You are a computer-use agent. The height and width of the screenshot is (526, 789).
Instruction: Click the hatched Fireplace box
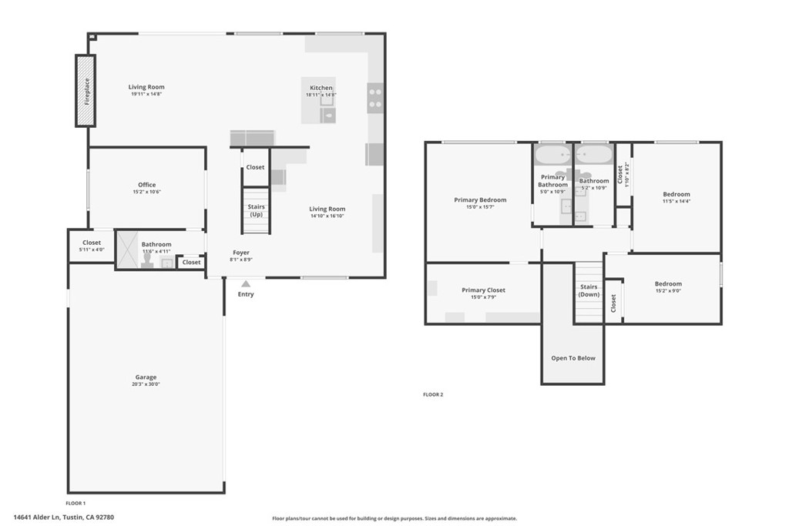(x=86, y=91)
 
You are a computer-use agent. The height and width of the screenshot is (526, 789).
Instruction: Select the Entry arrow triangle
(x=246, y=284)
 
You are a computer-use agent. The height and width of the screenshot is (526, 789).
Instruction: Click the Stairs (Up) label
(x=257, y=210)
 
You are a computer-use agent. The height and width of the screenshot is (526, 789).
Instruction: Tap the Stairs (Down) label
(x=589, y=290)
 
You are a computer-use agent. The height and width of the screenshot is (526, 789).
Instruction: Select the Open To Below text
(x=573, y=358)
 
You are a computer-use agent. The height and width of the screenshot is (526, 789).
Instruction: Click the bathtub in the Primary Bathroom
(x=552, y=156)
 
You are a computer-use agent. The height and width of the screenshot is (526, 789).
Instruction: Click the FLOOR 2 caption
(x=433, y=394)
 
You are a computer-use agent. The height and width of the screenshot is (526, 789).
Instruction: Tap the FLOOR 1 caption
(x=76, y=503)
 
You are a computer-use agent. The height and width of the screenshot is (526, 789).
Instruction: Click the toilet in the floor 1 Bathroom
(x=146, y=260)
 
